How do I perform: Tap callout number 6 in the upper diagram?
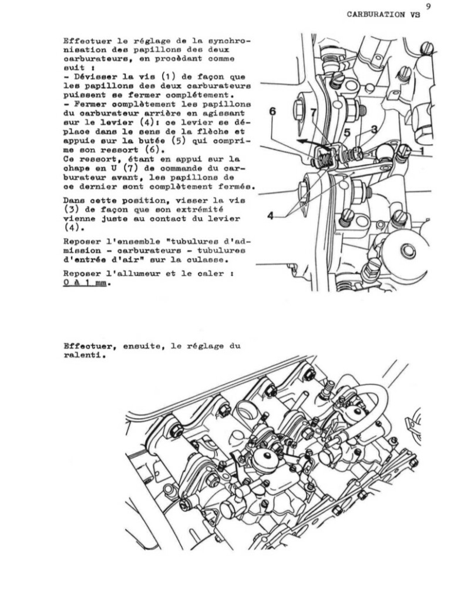274,111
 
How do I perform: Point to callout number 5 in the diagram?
348,133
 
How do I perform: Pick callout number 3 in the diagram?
373,129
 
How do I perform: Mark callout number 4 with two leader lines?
271,216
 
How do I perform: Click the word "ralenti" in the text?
82,355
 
